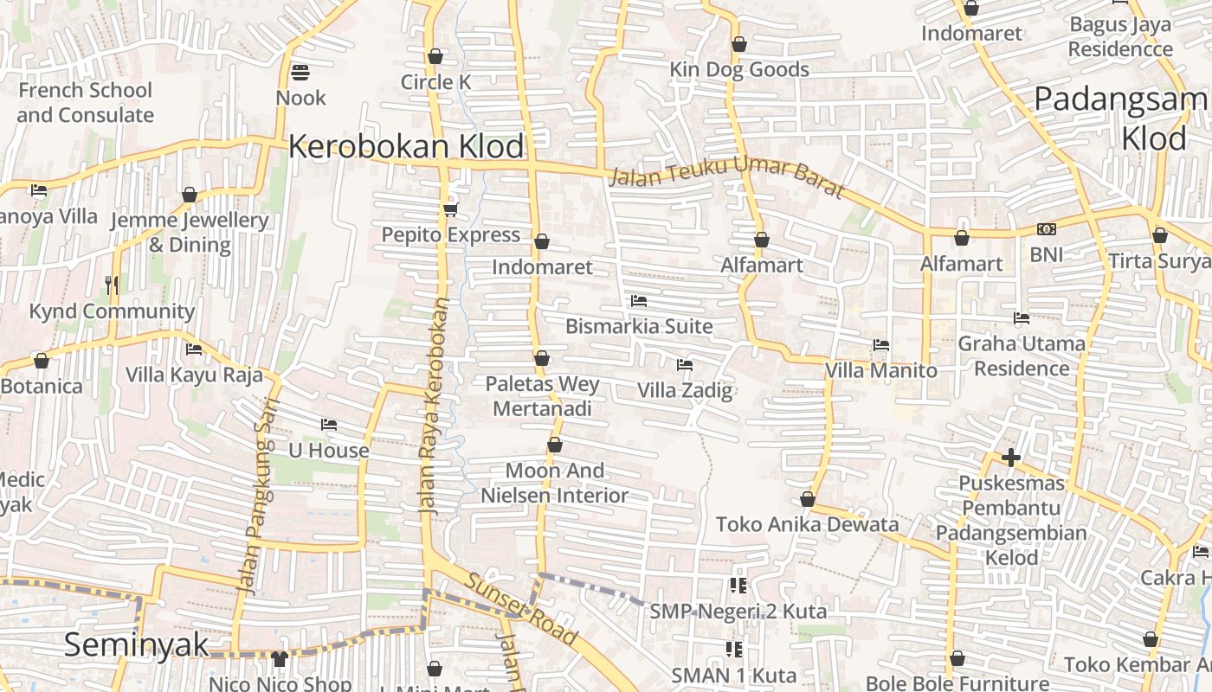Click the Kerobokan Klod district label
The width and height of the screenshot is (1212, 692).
(406, 146)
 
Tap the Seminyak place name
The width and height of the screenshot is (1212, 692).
(137, 644)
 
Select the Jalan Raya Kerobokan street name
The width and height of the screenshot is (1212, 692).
(433, 407)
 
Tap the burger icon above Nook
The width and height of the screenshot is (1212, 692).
(300, 72)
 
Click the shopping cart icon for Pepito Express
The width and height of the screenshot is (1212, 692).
(450, 209)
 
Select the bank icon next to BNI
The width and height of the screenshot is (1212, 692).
(1046, 229)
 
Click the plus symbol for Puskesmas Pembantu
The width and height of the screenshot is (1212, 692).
(1010, 457)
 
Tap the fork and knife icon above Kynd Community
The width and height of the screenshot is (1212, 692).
(112, 285)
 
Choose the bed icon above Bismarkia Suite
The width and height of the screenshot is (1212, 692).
(639, 301)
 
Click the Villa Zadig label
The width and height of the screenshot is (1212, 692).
(685, 390)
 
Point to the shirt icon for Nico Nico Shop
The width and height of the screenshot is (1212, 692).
(279, 659)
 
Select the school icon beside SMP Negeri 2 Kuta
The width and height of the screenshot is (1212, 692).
(738, 586)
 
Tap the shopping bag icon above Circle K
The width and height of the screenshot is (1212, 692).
(435, 56)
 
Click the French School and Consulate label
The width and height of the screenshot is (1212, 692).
(85, 102)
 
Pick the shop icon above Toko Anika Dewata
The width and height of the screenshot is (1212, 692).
(808, 499)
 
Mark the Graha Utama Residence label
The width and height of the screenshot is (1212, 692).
(1022, 356)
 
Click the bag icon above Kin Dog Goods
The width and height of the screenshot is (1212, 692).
(739, 44)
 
